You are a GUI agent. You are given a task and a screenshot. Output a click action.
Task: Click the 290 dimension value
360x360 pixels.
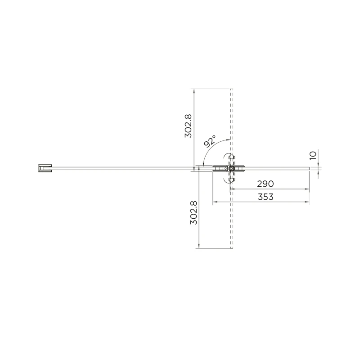pyautogui.click(x=265, y=184)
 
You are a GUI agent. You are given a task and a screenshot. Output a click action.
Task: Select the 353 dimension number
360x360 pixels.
pyautogui.click(x=265, y=197)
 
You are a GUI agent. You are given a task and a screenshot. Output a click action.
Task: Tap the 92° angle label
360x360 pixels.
pyautogui.click(x=210, y=141)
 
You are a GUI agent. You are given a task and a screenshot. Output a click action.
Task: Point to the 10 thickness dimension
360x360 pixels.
pyautogui.click(x=313, y=155)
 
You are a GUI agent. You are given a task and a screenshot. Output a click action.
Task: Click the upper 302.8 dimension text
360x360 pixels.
pyautogui.click(x=188, y=126)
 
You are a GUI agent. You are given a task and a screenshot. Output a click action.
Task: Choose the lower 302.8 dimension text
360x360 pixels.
pyautogui.click(x=193, y=212)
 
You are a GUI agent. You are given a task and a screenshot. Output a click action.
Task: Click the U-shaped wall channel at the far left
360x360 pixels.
pyautogui.click(x=45, y=168)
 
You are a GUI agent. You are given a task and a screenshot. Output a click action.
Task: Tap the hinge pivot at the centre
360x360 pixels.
pyautogui.click(x=231, y=168)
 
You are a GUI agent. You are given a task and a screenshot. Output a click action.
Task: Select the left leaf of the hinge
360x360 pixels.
pyautogui.click(x=220, y=168)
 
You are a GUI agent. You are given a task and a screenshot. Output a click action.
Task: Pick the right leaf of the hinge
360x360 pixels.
pyautogui.click(x=239, y=168)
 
